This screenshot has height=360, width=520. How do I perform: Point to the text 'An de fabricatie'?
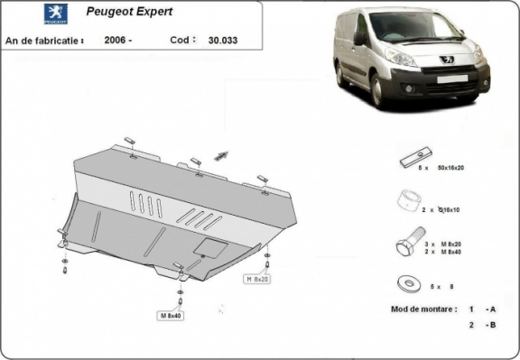(x=44, y=41)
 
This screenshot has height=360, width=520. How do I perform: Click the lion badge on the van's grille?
(x=445, y=60)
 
